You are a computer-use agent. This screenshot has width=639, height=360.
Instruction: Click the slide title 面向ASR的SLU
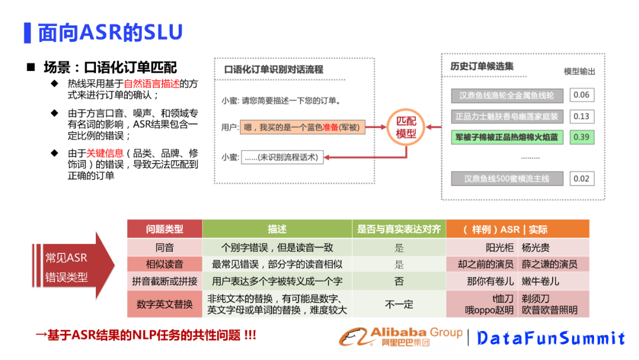coord(110,33)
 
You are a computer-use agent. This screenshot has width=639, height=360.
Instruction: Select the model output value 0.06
coord(581,95)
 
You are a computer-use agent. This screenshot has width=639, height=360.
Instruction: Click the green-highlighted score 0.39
coord(581,137)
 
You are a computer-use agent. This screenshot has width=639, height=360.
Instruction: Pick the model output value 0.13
coord(581,116)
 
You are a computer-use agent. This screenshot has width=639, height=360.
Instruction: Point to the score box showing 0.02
coord(581,178)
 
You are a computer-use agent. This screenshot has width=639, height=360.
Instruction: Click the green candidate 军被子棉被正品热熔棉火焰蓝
coord(506,137)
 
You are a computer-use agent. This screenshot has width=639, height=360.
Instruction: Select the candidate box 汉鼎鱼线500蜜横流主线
coord(506,178)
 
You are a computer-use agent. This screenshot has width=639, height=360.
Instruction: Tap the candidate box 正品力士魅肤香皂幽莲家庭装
coord(506,116)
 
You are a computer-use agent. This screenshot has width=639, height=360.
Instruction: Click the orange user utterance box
coord(304,126)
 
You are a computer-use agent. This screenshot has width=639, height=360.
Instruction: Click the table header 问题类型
coord(164,229)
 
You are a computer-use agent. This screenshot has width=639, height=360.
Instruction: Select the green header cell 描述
coord(277,229)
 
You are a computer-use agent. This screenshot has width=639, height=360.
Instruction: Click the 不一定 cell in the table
coord(399,304)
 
